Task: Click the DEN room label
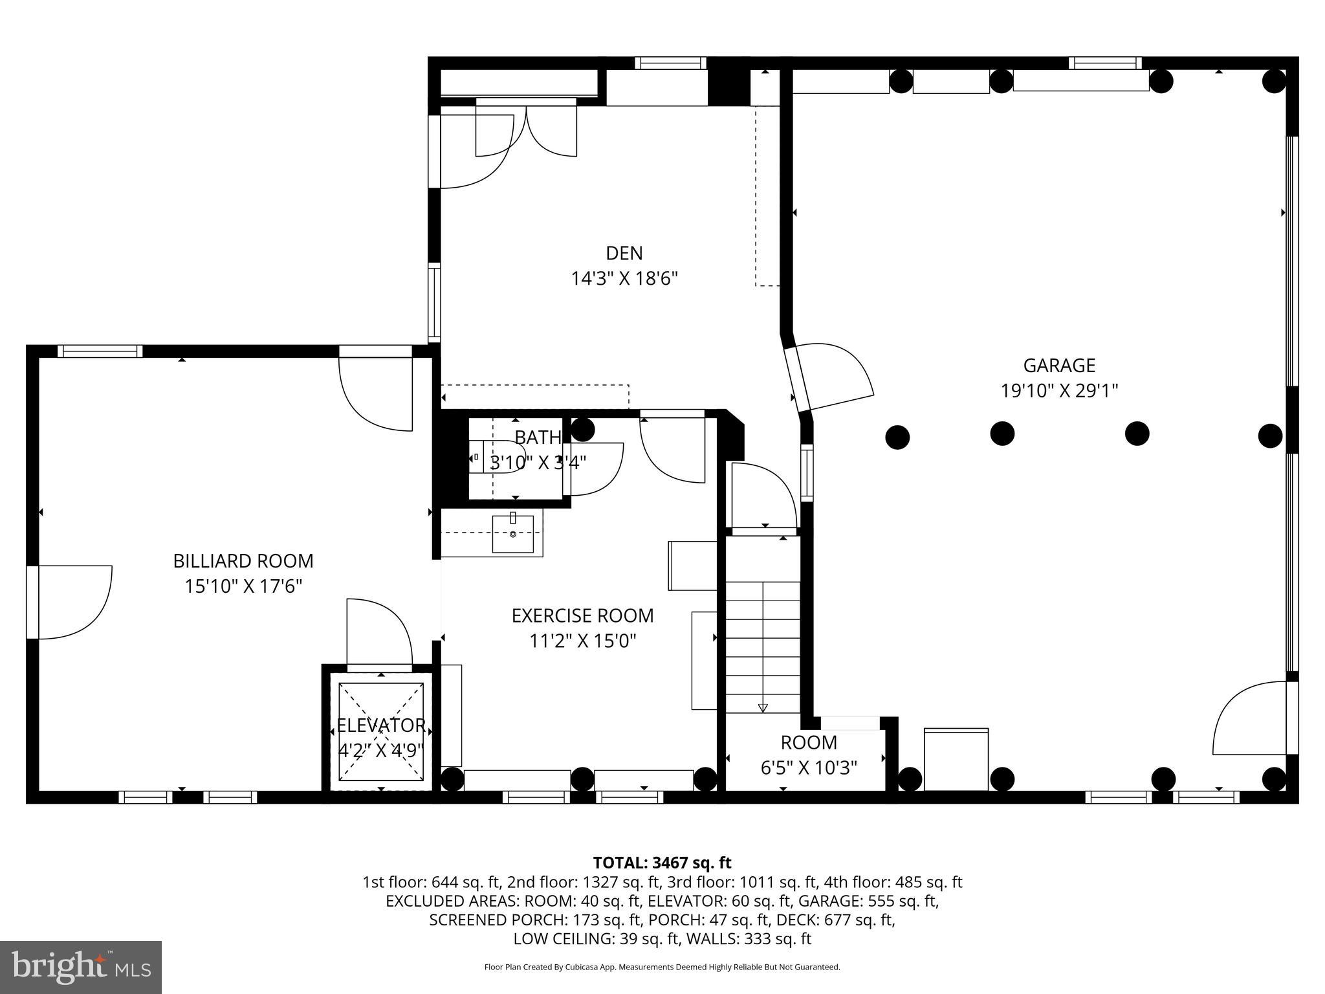624,252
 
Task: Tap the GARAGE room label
1058,366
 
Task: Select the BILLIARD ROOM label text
243,560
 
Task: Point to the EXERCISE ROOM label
582,615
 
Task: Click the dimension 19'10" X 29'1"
1059,391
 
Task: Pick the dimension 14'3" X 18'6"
624,279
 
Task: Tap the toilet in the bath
501,457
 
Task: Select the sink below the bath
512,534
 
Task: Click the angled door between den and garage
831,378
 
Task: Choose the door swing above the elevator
378,631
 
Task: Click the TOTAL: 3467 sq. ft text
662,863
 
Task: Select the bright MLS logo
81,967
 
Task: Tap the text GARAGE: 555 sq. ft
868,901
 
